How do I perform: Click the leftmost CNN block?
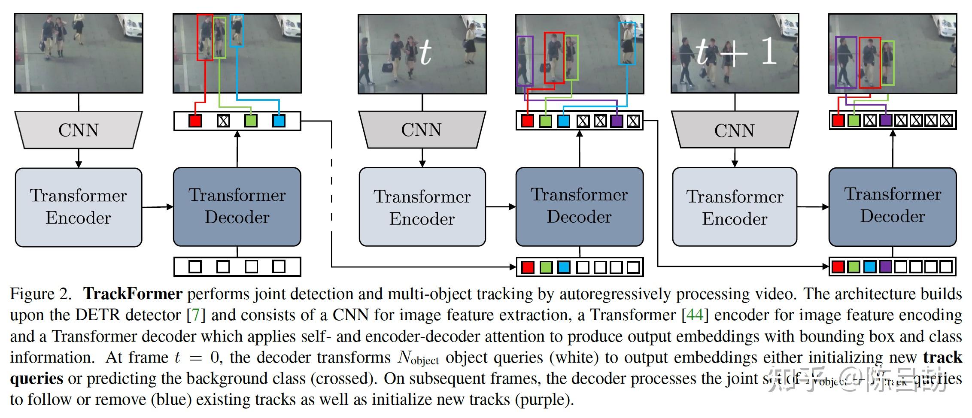pyautogui.click(x=78, y=130)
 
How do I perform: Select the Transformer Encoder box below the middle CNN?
pyautogui.click(x=422, y=207)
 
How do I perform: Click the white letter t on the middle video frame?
pyautogui.click(x=425, y=52)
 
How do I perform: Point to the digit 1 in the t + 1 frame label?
pyautogui.click(x=768, y=51)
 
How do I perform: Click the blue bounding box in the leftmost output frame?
pyautogui.click(x=237, y=30)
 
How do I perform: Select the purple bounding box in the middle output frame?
pyautogui.click(x=525, y=61)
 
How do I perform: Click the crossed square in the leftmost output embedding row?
pyautogui.click(x=223, y=121)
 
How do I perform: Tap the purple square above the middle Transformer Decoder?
pyautogui.click(x=617, y=121)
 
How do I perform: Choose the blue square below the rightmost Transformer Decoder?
pyautogui.click(x=869, y=267)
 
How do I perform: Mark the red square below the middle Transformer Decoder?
pyautogui.click(x=528, y=267)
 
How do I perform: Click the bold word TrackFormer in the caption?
pyautogui.click(x=133, y=294)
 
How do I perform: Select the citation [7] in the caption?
pyautogui.click(x=196, y=315)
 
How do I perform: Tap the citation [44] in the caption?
pyautogui.click(x=695, y=315)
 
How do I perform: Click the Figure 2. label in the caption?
pyautogui.click(x=41, y=294)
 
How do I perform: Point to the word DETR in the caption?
pyautogui.click(x=96, y=315)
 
